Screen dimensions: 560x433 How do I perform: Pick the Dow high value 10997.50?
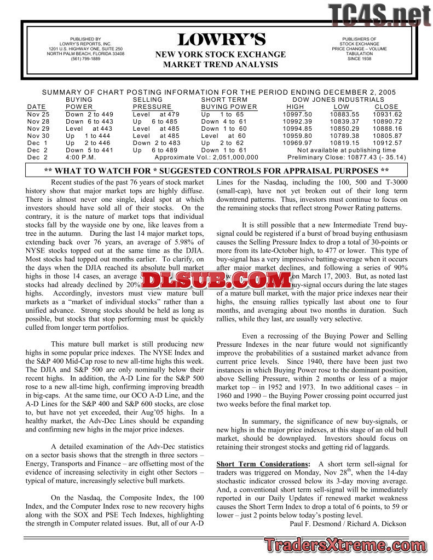click(297, 114)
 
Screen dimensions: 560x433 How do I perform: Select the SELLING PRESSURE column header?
click(152, 103)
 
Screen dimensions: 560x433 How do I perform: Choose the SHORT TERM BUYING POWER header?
click(229, 103)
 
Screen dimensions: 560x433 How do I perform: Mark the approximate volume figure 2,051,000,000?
click(230, 157)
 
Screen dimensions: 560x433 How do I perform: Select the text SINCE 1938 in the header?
click(359, 59)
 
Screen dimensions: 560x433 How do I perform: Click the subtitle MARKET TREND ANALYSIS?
click(221, 65)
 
